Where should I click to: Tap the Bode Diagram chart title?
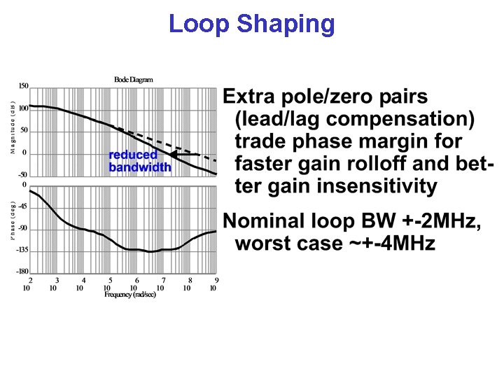(x=133, y=80)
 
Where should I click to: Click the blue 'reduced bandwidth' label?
(x=139, y=162)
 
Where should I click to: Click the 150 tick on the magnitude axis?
(x=23, y=86)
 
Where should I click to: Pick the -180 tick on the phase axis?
(x=22, y=272)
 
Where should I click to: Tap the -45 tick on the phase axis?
(x=23, y=206)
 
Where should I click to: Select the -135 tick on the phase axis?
(x=22, y=250)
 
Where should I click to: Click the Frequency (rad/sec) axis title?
(x=130, y=295)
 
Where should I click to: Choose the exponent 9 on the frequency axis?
(x=216, y=281)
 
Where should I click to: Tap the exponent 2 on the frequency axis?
(x=30, y=281)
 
